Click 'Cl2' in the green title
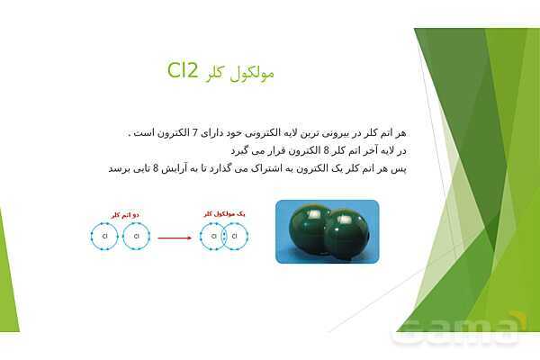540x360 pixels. [x=188, y=72]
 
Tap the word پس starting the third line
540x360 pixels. [x=402, y=168]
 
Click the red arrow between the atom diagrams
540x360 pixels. [x=175, y=238]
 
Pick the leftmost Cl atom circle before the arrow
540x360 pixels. [x=105, y=237]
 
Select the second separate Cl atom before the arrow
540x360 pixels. [x=135, y=237]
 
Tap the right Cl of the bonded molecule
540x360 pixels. [x=235, y=237]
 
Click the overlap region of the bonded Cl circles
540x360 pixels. [x=224, y=237]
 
